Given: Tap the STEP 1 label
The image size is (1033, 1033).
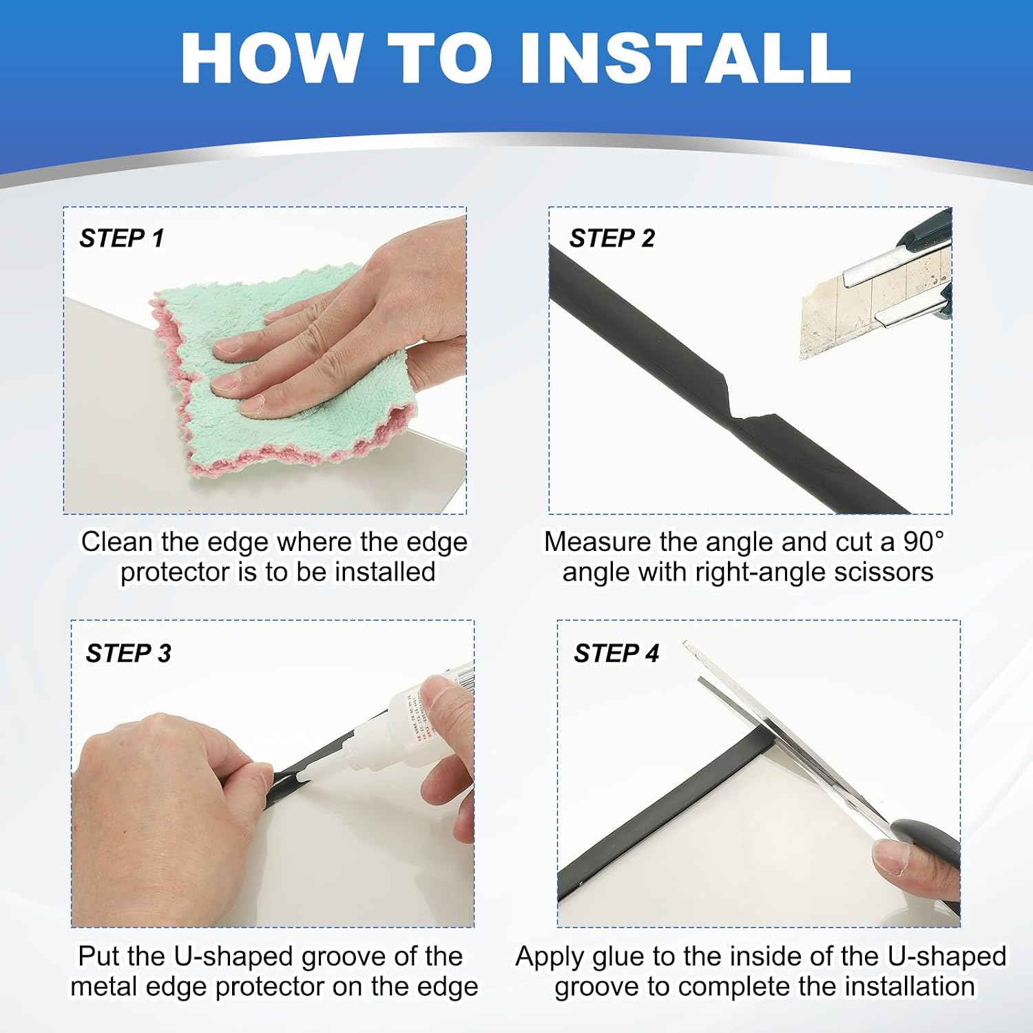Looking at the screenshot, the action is click(x=121, y=238).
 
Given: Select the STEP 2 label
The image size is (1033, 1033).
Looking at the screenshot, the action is click(x=612, y=238).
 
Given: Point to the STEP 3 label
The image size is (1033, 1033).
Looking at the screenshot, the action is click(x=128, y=653).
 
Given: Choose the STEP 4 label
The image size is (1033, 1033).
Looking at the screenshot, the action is click(x=616, y=653).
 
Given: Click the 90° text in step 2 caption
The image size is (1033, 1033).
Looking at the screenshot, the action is click(x=923, y=541).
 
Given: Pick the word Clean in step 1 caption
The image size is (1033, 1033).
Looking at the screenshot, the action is click(x=117, y=541).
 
